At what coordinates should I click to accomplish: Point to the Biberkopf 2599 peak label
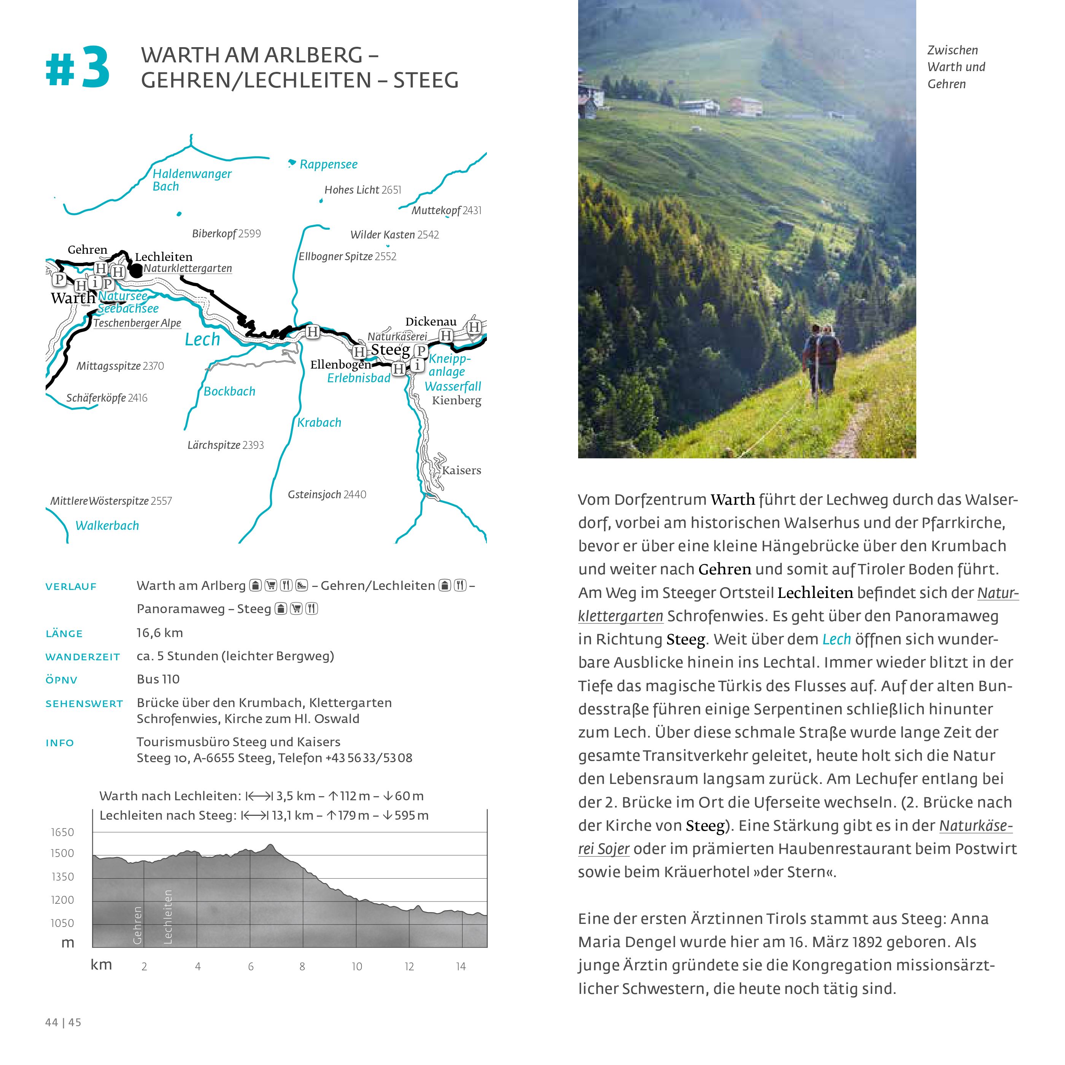point(226,234)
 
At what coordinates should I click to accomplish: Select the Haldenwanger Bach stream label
point(191,180)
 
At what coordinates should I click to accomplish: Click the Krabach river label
point(319,423)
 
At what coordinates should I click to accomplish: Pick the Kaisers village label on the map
point(461,470)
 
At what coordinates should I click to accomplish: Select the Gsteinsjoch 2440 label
point(327,494)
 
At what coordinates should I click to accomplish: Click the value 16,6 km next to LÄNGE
point(160,633)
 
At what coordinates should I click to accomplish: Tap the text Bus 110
point(158,679)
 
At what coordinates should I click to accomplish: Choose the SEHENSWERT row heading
point(84,703)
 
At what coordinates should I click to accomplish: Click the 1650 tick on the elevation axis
point(62,832)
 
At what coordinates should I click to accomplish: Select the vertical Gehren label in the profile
point(138,925)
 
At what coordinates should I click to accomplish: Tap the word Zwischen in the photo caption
point(952,50)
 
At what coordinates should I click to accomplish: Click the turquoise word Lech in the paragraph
point(836,639)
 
